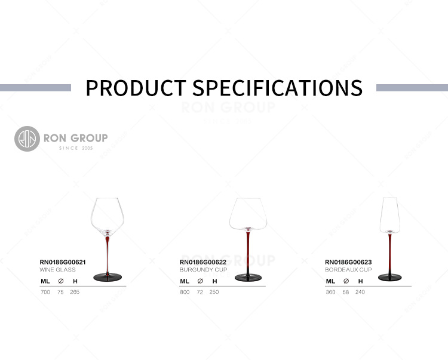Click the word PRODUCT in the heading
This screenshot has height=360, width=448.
pos(136,88)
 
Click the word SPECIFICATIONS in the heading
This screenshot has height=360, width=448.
pos(277,88)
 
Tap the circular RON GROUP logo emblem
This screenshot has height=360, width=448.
pos(27,139)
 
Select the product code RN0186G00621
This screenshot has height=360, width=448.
pos(63,262)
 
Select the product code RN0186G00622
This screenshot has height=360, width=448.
pos(203,262)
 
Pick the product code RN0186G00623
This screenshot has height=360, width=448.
pos(348,262)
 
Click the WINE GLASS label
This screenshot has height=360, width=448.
pos(58,270)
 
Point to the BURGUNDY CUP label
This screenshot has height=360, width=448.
pos(204,270)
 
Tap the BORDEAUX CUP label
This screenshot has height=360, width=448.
pos(348,270)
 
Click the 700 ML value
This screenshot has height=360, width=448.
pos(45,292)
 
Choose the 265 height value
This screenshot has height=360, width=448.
pos(75,292)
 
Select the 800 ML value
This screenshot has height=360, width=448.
pos(185,292)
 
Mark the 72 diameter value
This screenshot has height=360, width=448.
pos(200,292)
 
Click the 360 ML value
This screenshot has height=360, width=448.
pos(330,292)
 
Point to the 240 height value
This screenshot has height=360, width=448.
pos(360,292)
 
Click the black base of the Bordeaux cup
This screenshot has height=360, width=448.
pos(389,277)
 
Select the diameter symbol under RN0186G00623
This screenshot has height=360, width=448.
pos(346,281)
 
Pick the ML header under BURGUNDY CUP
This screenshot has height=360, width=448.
pos(185,281)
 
